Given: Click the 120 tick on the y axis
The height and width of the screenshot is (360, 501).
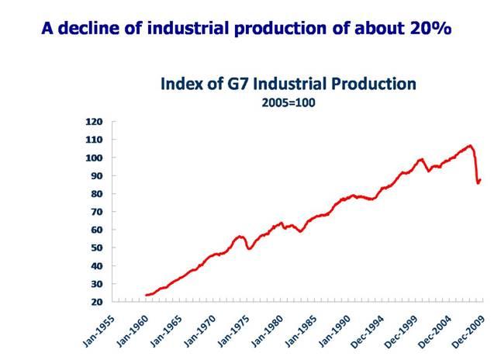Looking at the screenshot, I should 94,122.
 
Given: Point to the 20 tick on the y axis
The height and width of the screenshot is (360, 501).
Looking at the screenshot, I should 96,302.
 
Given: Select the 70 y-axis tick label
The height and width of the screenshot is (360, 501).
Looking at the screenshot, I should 96,212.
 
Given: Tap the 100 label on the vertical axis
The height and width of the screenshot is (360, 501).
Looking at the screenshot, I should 94,157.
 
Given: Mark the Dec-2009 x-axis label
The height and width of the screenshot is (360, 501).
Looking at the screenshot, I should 467,330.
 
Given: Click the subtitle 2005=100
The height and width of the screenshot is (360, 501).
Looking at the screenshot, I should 289,102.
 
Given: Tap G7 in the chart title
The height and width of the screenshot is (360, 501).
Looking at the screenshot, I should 240,82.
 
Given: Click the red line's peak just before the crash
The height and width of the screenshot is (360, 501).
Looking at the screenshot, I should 470,145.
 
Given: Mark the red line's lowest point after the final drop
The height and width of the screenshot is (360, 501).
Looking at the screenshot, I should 478,184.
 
